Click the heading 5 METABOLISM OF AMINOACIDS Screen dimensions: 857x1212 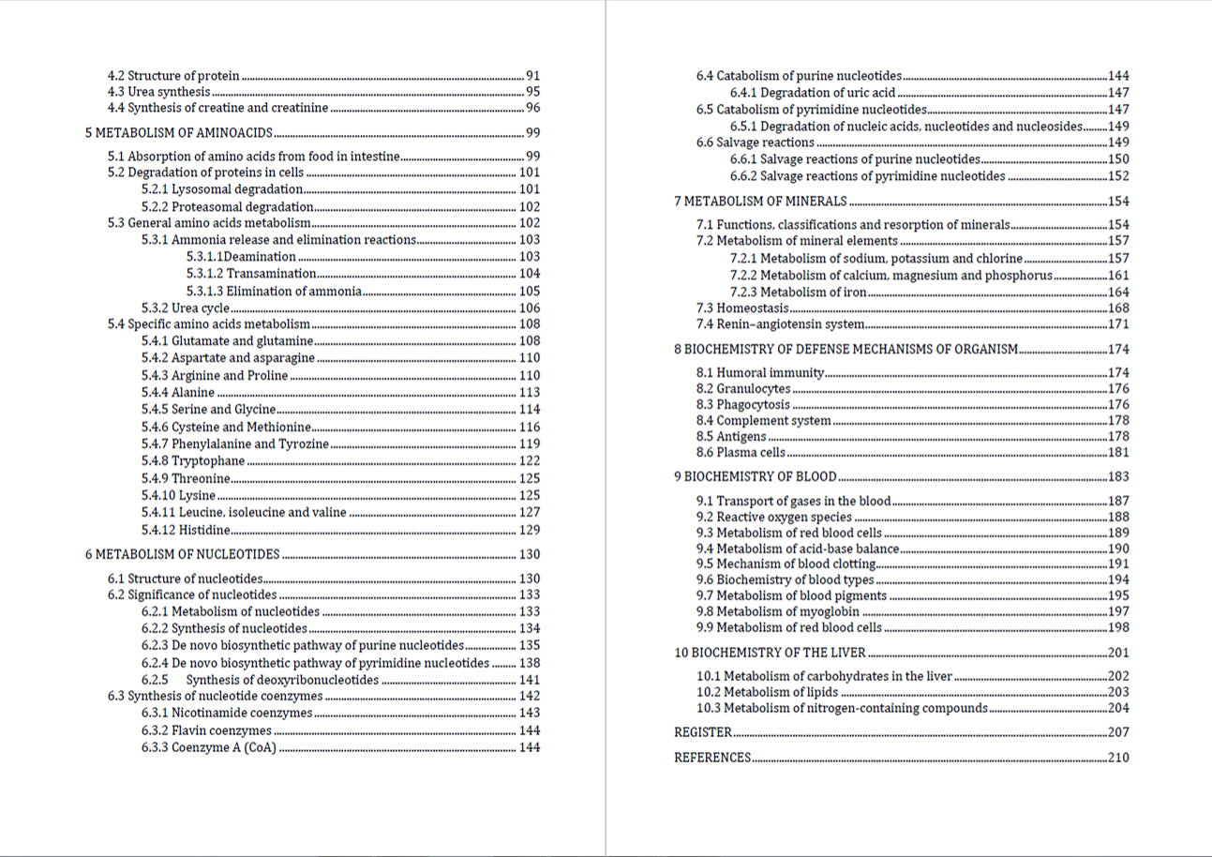point(178,132)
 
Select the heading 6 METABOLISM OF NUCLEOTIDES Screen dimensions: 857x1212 point(182,554)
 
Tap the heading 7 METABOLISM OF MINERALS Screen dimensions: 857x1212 point(760,201)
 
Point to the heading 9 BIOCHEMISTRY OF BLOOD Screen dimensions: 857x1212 point(755,476)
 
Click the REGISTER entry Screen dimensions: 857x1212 point(702,732)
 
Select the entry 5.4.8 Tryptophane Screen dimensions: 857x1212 point(193,460)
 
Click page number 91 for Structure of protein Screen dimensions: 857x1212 point(532,75)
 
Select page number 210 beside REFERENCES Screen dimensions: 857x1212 point(1118,758)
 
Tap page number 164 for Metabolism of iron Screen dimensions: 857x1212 point(1118,292)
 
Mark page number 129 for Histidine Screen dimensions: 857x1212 point(529,530)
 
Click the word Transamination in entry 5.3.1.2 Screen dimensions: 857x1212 point(271,274)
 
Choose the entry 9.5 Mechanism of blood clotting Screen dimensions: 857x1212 point(786,564)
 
